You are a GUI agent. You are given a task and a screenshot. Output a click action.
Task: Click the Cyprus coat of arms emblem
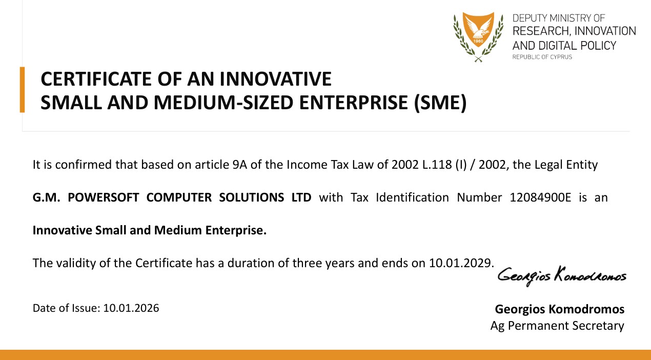pyautogui.click(x=478, y=37)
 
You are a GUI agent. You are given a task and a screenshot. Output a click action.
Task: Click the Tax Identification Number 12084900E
pyautogui.click(x=540, y=197)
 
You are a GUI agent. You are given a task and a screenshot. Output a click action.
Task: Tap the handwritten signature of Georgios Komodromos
pyautogui.click(x=562, y=276)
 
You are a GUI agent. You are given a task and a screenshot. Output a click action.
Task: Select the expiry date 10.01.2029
pyautogui.click(x=460, y=263)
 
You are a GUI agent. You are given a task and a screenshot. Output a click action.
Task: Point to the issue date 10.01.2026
pyautogui.click(x=131, y=308)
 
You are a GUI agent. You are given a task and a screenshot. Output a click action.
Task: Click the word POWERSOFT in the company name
pyautogui.click(x=103, y=197)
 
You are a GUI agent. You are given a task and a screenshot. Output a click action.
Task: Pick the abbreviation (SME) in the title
pyautogui.click(x=440, y=103)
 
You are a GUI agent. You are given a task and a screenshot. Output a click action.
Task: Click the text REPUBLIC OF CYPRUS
pyautogui.click(x=542, y=57)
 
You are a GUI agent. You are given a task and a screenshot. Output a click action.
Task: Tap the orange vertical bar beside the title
pyautogui.click(x=22, y=90)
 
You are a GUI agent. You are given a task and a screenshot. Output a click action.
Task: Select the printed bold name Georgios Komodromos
pyautogui.click(x=560, y=309)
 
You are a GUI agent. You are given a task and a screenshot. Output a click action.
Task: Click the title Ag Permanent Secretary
pyautogui.click(x=557, y=326)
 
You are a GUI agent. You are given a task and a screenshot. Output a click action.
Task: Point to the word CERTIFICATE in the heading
pyautogui.click(x=96, y=79)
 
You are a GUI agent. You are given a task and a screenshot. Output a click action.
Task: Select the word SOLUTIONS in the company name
pyautogui.click(x=251, y=197)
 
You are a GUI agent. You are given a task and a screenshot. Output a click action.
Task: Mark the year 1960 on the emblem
pyautogui.click(x=478, y=41)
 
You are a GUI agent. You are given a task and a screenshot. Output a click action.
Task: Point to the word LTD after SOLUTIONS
pyautogui.click(x=301, y=197)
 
